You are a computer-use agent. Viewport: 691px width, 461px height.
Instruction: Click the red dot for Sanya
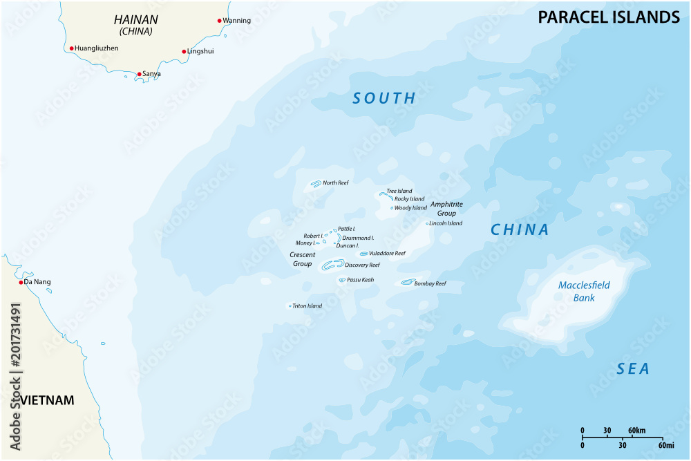click(139, 74)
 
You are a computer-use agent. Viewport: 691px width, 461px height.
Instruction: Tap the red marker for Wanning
click(220, 21)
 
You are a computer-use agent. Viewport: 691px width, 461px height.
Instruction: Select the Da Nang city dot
click(21, 282)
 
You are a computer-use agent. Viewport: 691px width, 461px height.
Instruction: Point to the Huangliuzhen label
click(96, 48)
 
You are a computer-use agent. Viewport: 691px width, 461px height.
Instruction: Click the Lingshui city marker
click(184, 51)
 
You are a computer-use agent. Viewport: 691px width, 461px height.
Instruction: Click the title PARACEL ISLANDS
click(609, 17)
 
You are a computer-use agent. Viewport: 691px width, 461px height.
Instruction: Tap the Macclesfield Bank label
click(584, 292)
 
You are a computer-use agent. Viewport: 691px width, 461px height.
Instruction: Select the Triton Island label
click(307, 306)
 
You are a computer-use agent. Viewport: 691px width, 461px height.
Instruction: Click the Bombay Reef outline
click(407, 282)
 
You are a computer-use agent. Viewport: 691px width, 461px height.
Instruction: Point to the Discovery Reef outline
click(333, 264)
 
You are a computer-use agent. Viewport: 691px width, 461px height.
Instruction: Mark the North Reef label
click(335, 183)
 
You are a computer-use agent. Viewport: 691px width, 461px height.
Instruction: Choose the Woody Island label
click(410, 208)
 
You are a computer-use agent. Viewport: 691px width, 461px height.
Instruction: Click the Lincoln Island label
click(446, 223)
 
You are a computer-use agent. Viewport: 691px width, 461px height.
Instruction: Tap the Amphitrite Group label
click(446, 209)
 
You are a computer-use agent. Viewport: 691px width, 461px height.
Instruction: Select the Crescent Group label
click(303, 259)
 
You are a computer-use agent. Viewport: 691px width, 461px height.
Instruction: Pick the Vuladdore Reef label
click(387, 254)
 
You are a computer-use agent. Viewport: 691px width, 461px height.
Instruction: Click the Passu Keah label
click(360, 280)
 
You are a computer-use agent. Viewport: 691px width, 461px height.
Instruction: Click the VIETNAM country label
click(47, 401)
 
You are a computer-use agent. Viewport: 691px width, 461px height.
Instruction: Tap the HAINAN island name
click(135, 21)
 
